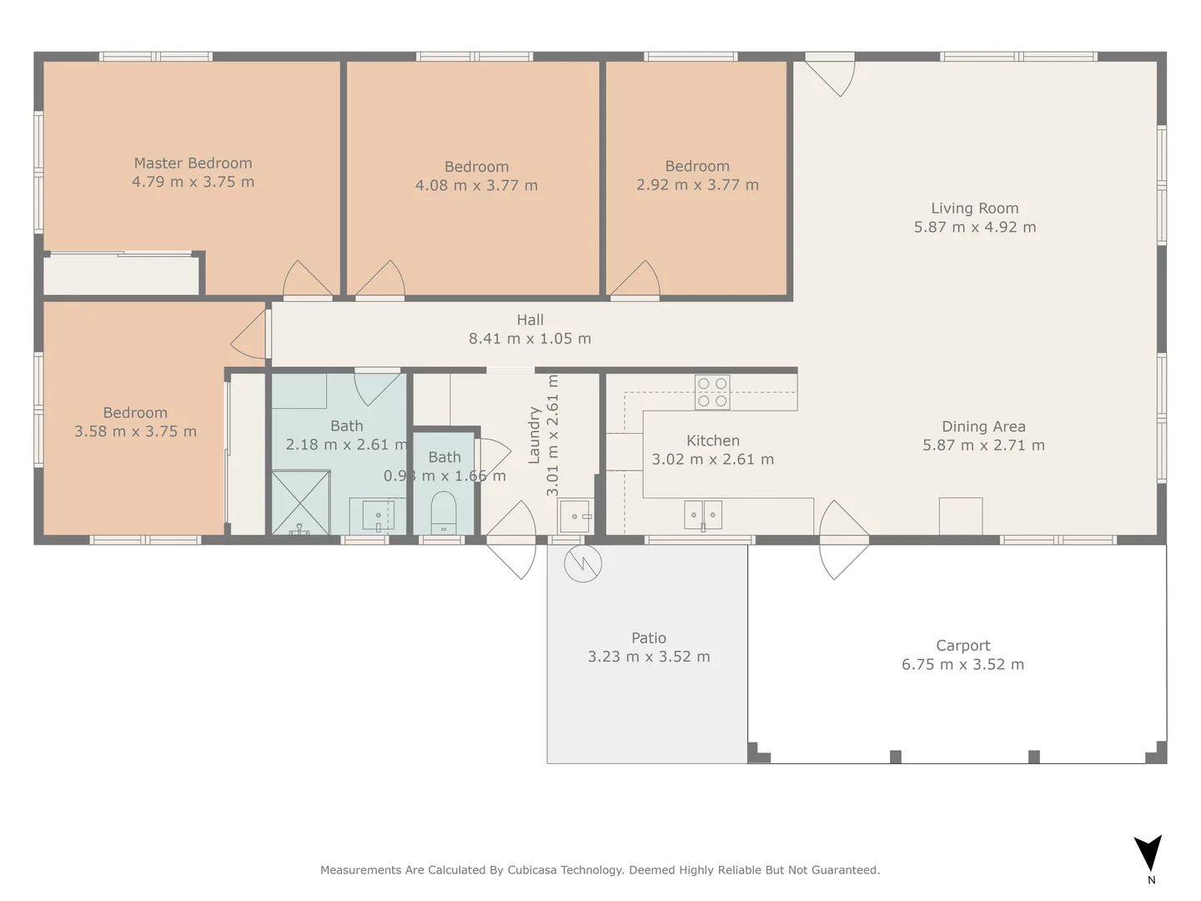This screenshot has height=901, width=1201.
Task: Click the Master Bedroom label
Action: [193, 164]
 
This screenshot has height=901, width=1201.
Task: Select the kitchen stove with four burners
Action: [712, 392]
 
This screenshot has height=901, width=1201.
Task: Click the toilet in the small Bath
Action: [443, 511]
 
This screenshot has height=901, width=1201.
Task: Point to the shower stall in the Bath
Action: [300, 502]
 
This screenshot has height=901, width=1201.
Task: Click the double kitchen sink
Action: [703, 515]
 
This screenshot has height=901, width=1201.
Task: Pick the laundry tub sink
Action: [575, 516]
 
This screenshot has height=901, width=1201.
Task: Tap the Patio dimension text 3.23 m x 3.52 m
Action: [649, 657]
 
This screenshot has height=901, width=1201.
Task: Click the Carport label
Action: [962, 646]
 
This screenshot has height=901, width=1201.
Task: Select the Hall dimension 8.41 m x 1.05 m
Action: [530, 339]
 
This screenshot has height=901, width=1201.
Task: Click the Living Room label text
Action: [974, 209]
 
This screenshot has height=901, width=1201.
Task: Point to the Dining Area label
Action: [983, 427]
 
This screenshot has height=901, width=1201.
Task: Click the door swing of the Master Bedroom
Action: [307, 280]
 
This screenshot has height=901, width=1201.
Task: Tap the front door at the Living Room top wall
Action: [831, 75]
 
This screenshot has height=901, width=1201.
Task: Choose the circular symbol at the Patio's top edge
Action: [582, 564]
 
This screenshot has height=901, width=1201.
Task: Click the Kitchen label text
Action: [712, 440]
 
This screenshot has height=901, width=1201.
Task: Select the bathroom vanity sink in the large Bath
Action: [378, 516]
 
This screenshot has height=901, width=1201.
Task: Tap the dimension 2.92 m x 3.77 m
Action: [697, 185]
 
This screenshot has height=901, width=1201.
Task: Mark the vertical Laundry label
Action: [534, 435]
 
